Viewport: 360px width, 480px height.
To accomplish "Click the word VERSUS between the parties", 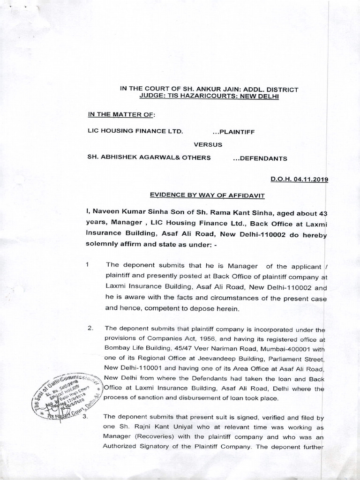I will point(208,145).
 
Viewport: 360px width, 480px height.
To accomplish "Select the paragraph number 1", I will point(87,264).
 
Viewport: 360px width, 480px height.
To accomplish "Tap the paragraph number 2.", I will point(90,327).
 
